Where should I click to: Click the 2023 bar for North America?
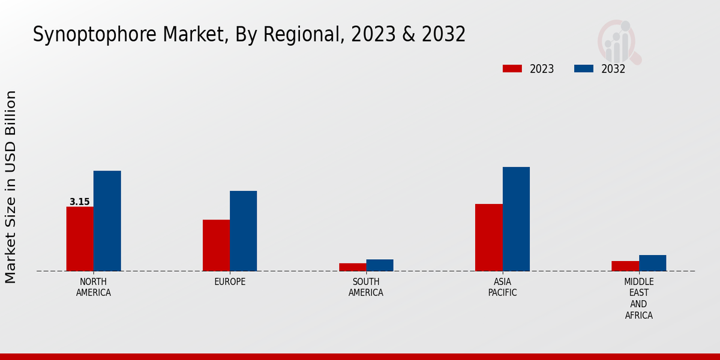[80, 239]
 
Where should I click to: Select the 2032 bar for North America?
[107, 221]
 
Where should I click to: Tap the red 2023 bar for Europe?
[216, 245]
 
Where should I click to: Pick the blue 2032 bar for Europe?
[244, 231]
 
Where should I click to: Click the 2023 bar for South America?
[352, 267]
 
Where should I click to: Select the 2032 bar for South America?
[380, 265]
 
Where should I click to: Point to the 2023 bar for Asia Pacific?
[488, 238]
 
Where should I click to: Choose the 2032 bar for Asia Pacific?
[516, 219]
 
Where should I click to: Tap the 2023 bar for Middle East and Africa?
[625, 266]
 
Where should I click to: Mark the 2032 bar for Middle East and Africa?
[653, 263]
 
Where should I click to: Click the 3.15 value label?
[80, 202]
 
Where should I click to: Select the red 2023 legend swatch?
[512, 68]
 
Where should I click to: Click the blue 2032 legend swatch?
[584, 68]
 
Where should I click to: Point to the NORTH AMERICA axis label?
[94, 287]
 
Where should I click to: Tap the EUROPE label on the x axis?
[230, 282]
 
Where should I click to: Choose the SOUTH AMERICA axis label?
[366, 287]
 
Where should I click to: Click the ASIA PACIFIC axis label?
[502, 287]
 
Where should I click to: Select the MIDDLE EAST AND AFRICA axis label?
[639, 298]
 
